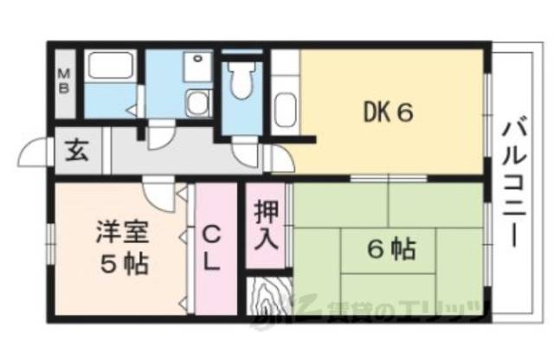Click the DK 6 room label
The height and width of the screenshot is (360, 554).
coord(384,112)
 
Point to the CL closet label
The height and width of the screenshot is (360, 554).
coord(214,246)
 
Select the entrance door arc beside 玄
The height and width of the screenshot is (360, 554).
coord(35,156)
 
